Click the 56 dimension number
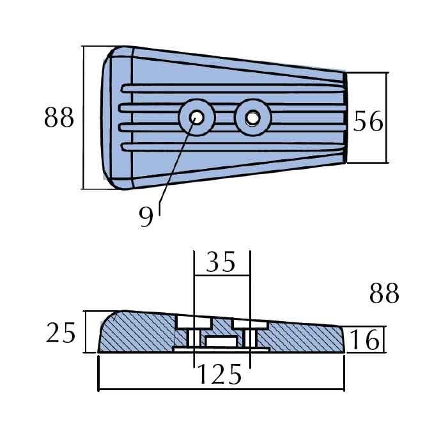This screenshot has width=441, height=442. click(369, 122)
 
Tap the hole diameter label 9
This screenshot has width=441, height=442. click(146, 217)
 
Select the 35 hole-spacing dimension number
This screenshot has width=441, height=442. click(221, 262)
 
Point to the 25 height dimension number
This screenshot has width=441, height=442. click(61, 333)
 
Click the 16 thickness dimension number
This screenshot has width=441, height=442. click(365, 340)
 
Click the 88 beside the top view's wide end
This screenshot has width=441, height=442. click(59, 118)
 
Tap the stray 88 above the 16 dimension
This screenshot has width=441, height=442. click(384, 294)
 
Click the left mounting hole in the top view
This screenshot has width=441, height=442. click(197, 118)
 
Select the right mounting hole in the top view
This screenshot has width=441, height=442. click(253, 118)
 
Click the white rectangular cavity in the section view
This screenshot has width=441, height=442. click(221, 342)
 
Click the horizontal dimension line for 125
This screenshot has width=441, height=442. click(220, 390)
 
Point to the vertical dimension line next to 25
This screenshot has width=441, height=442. click(85, 331)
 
